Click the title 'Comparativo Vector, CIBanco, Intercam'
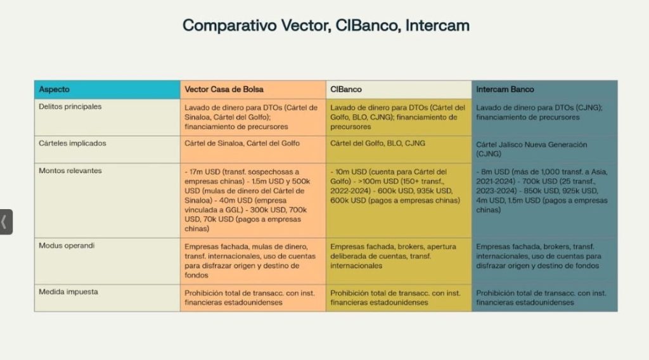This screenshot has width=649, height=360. point(326,25)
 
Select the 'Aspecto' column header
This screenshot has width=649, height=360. point(107,89)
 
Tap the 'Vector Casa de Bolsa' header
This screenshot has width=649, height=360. point(253,89)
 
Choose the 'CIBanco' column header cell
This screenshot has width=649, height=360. point(399,89)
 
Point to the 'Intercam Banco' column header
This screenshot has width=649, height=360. point(544,89)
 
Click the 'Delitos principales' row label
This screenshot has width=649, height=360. point(70,106)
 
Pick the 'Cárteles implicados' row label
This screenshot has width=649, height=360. point(72,143)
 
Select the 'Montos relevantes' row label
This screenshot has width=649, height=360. point(70,170)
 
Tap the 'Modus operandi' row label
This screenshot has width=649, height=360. point(67,246)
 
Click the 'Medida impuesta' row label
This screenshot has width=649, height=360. point(68,292)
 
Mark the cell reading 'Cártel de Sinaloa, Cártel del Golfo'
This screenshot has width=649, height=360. point(253,150)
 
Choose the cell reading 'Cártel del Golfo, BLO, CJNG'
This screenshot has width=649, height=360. point(399,150)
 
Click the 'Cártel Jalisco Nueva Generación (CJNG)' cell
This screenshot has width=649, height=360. point(544,150)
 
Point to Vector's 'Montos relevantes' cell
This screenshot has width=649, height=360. point(253,200)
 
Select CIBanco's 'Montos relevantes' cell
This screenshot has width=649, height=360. point(399,200)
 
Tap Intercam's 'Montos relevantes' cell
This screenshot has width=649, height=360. point(544,200)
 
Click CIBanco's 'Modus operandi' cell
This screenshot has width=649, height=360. point(399,261)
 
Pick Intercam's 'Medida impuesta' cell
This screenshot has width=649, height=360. point(544,298)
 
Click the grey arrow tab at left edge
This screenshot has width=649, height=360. point(6,222)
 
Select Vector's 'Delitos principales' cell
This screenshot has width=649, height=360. point(253,117)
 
